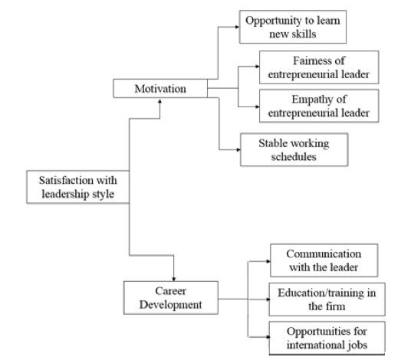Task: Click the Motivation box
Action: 160,89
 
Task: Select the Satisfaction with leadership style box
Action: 78,187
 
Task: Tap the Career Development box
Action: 171,298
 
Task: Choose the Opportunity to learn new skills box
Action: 293,27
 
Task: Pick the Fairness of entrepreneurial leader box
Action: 319,67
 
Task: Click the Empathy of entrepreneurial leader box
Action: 319,106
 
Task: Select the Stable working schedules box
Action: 294,149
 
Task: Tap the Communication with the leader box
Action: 324,260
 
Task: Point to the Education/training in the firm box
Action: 327,299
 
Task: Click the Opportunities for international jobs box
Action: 327,338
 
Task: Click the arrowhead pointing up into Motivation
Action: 160,101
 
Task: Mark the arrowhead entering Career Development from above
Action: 173,279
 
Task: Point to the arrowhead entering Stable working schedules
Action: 238,150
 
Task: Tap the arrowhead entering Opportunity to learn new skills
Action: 237,27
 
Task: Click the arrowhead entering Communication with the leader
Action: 268,261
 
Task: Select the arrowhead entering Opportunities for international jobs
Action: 267,337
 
